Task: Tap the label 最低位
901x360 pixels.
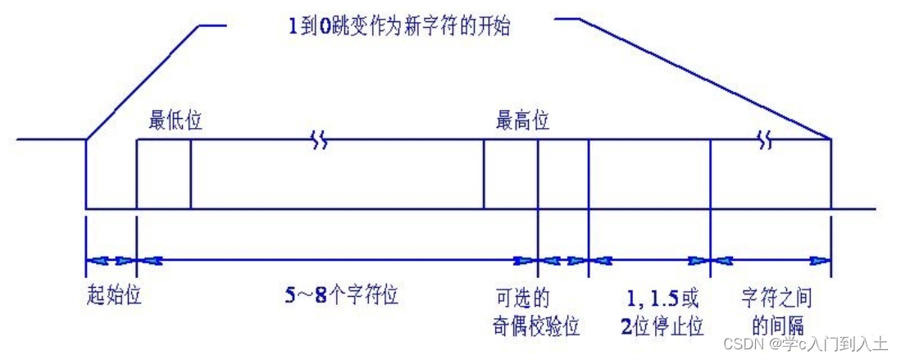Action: pyautogui.click(x=175, y=121)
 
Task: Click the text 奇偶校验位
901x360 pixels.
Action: pyautogui.click(x=531, y=326)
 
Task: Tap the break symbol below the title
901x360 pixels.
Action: pyautogui.click(x=320, y=141)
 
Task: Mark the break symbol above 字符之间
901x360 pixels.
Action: pyautogui.click(x=766, y=141)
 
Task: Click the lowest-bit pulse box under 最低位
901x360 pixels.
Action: pyautogui.click(x=163, y=174)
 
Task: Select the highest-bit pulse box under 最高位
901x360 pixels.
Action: pyautogui.click(x=510, y=174)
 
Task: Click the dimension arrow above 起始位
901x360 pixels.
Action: pyautogui.click(x=111, y=262)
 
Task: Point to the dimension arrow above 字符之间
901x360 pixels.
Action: pyautogui.click(x=771, y=262)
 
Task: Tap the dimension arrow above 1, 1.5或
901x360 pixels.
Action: pyautogui.click(x=649, y=262)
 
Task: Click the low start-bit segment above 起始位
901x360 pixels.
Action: pyautogui.click(x=111, y=208)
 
